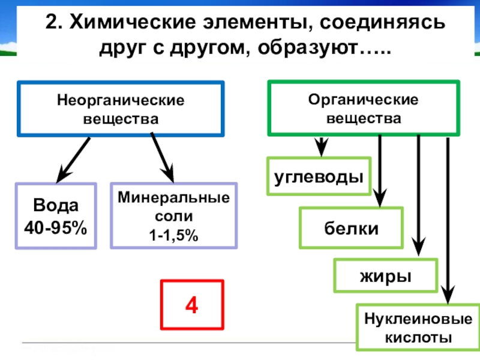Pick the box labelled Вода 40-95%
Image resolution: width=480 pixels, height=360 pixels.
click(x=56, y=216)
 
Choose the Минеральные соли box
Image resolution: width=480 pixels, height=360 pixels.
click(x=173, y=216)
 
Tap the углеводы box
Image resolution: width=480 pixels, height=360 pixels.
click(x=319, y=177)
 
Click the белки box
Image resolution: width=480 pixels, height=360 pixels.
click(x=343, y=228)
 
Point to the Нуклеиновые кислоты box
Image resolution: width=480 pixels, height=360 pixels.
click(x=415, y=328)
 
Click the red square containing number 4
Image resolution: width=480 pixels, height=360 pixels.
click(x=192, y=305)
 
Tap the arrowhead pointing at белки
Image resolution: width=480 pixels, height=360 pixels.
click(x=379, y=197)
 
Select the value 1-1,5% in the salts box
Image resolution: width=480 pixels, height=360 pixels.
click(x=173, y=236)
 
